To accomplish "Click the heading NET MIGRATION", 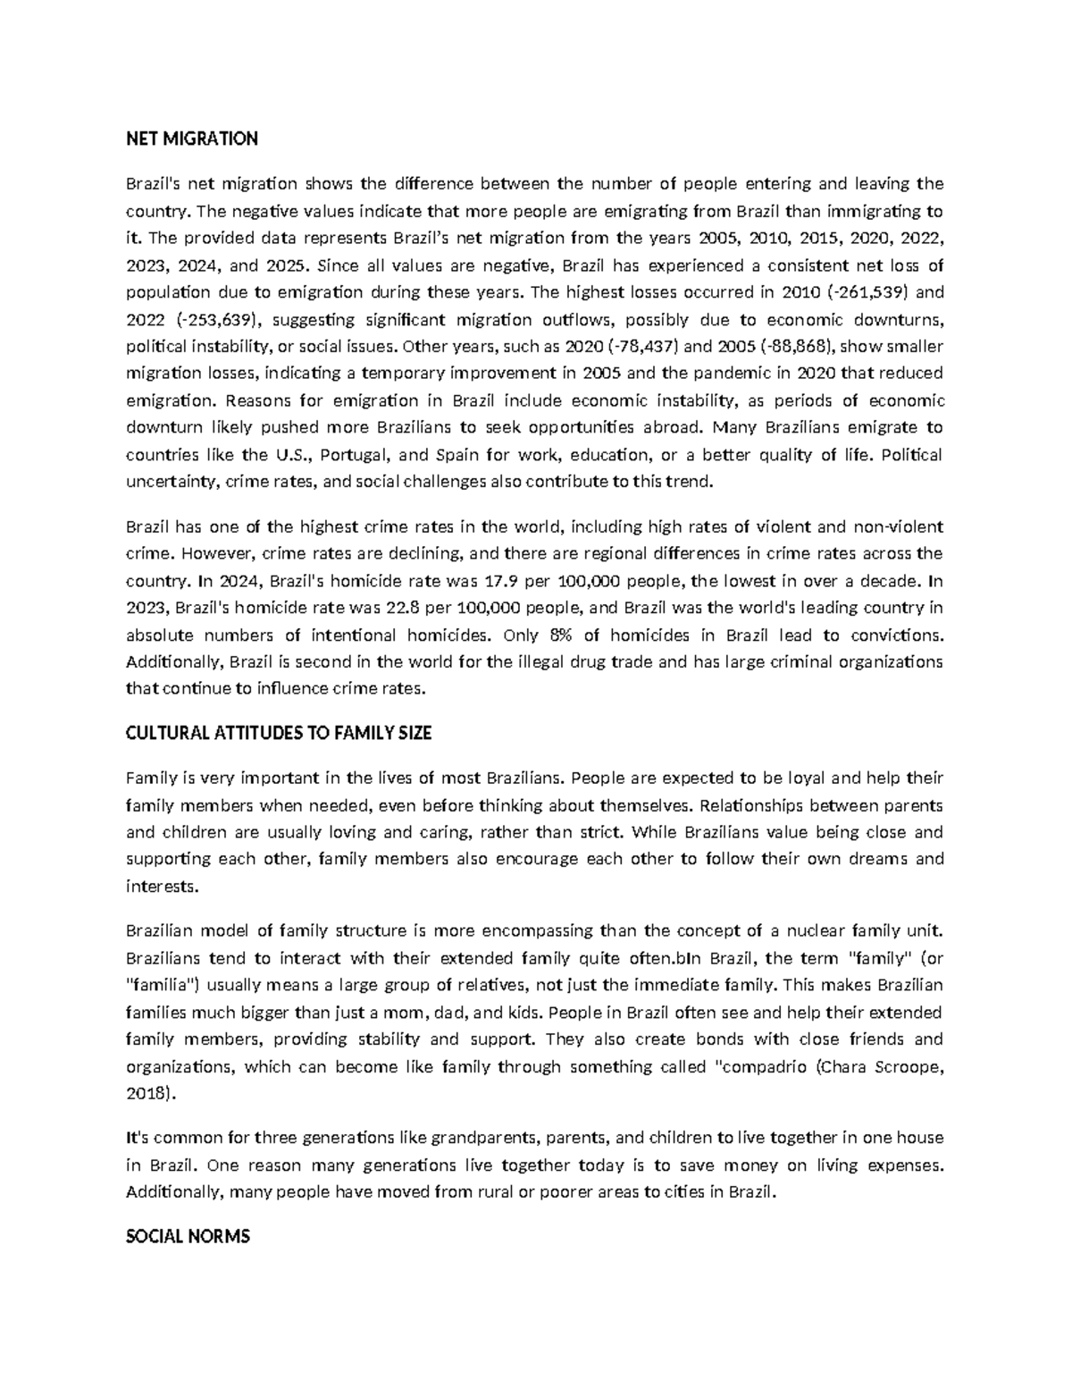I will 191,139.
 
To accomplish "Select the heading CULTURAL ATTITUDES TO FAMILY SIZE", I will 279,733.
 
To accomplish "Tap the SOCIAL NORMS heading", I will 188,1236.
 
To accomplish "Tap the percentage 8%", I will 557,635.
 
